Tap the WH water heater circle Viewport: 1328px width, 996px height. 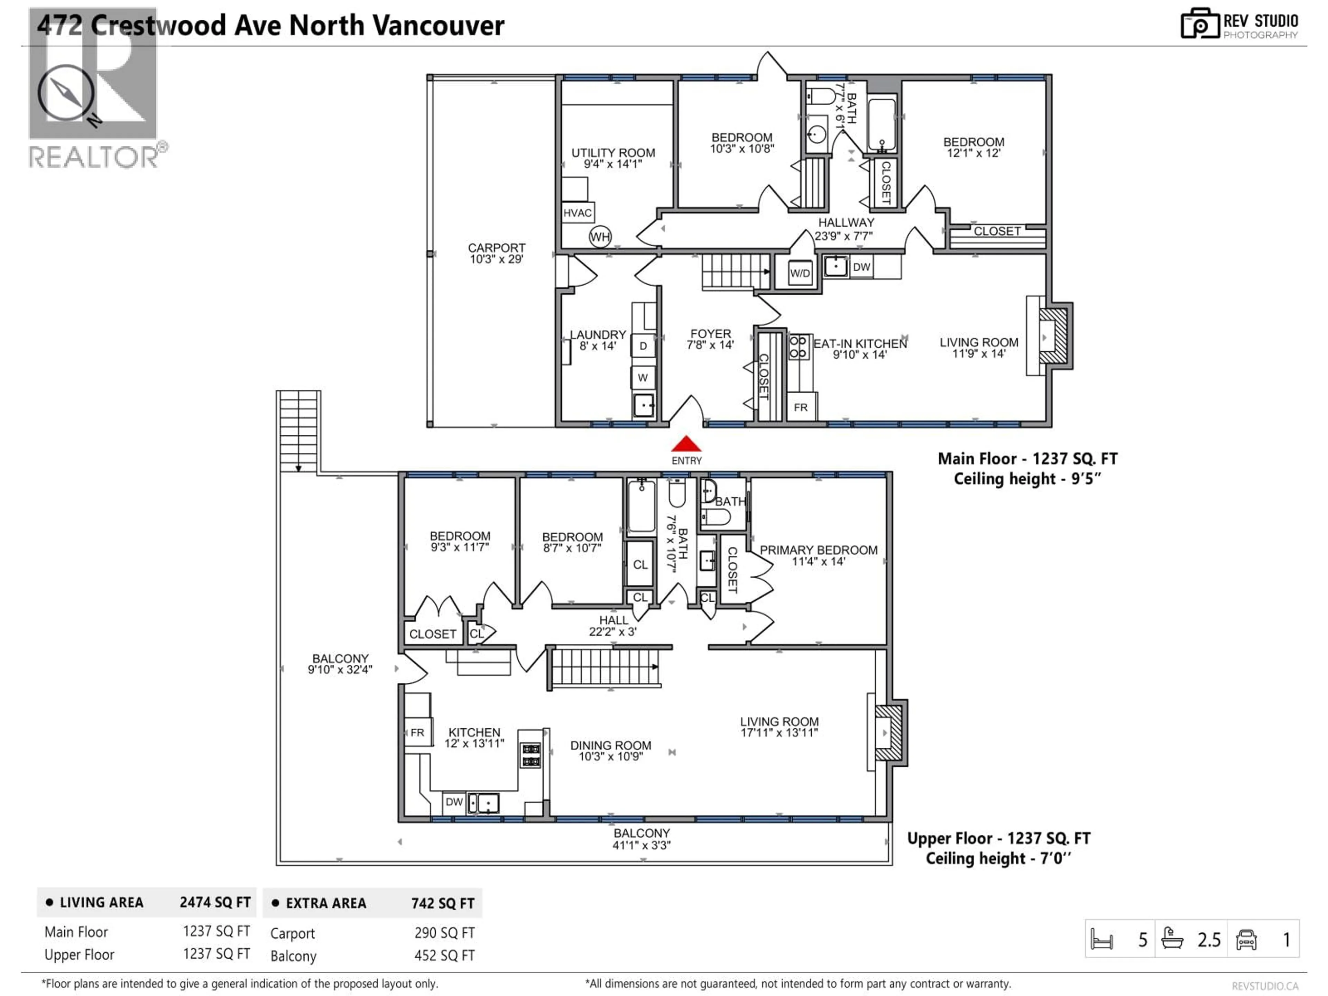[x=600, y=237]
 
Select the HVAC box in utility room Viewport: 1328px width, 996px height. [x=578, y=213]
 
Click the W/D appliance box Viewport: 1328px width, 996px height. [x=800, y=273]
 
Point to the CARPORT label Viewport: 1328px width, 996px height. [x=497, y=248]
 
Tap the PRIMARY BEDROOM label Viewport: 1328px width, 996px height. [x=818, y=550]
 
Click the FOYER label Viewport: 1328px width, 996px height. [x=710, y=334]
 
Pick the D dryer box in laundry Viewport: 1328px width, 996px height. [x=643, y=346]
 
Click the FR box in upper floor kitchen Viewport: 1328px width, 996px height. [x=417, y=732]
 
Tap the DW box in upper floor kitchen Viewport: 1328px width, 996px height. [x=454, y=802]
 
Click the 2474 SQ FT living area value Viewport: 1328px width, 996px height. [x=215, y=902]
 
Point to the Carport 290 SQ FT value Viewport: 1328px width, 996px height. [x=444, y=933]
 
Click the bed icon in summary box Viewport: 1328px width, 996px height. [x=1102, y=940]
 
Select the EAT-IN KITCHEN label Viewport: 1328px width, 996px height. [x=860, y=343]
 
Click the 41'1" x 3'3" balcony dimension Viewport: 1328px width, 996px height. [x=641, y=845]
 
